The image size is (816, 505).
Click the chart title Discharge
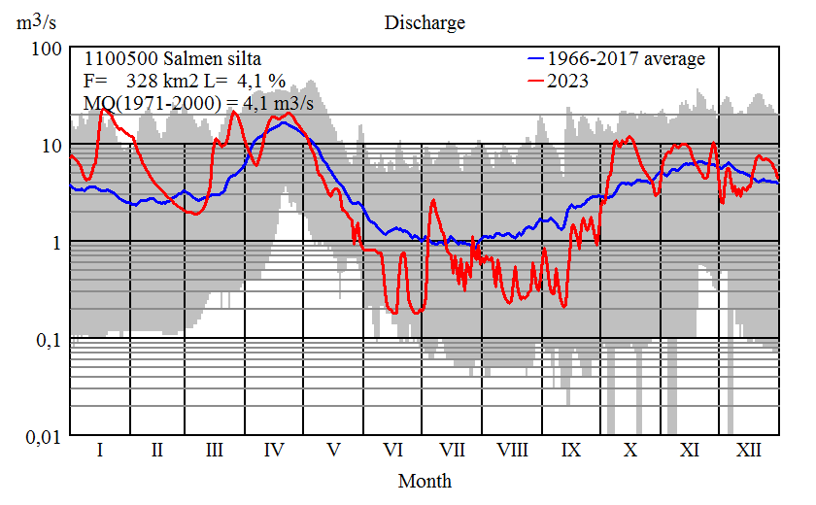point(425,22)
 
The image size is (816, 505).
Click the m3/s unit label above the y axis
point(36,20)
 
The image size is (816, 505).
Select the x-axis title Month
point(425,480)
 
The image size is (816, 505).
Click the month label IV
point(274,451)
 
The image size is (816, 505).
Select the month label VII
point(452,451)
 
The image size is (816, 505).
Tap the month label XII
point(748,451)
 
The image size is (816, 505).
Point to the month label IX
point(571,451)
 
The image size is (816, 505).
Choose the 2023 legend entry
point(568,82)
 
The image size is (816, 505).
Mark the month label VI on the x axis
point(393,451)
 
